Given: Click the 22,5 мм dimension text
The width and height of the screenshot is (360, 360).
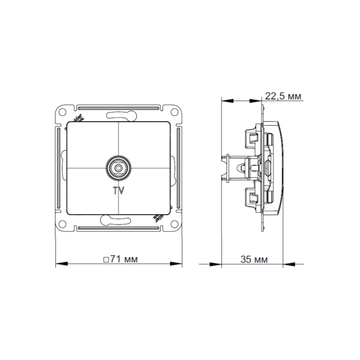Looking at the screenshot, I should pyautogui.click(x=283, y=96).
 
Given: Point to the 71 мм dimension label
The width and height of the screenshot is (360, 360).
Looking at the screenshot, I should pyautogui.click(x=121, y=259).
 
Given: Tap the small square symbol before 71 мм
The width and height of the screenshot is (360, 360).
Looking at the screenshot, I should pyautogui.click(x=106, y=260).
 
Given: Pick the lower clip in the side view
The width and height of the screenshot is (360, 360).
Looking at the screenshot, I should pyautogui.click(x=250, y=198).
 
